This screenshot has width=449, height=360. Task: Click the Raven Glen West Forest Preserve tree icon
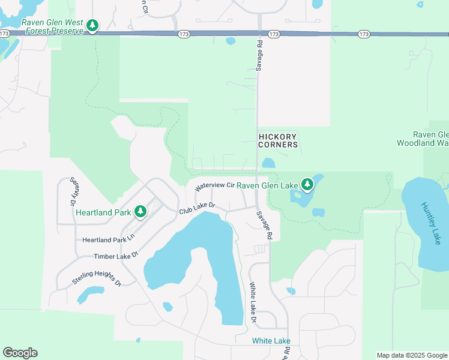coord(92,25)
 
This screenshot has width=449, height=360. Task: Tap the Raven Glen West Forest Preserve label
coord(52,26)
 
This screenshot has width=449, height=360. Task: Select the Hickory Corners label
coord(278,141)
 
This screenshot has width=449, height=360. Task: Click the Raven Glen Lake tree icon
coord(307,184)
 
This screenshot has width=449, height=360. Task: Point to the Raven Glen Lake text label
coord(267,185)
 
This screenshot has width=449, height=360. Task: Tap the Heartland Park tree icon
coord(140,211)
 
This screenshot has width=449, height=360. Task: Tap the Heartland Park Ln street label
coord(109,239)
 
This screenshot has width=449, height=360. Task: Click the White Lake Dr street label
coord(253,304)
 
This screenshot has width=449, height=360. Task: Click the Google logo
coord(20,353)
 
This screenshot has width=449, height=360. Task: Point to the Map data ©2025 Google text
coord(412,355)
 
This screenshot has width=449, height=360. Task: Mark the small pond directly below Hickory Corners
coord(268,163)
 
